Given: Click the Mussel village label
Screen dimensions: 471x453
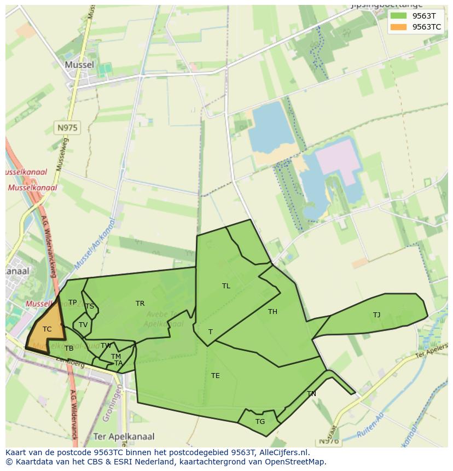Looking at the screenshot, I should point(79,65).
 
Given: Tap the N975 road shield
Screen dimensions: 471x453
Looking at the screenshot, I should point(67,128).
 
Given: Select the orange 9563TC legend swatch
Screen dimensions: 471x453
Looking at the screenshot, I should point(398,27).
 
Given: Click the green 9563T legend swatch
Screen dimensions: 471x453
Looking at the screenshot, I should point(398,16).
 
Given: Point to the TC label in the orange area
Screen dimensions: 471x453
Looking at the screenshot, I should point(47,329).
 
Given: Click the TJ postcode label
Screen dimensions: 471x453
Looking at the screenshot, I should point(376,315).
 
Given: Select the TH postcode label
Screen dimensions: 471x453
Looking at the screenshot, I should point(272,312).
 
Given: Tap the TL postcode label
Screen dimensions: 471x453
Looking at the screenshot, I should point(226,286).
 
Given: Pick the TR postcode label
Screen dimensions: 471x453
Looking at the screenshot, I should point(140,304).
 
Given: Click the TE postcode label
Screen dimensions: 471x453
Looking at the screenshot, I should point(216,376).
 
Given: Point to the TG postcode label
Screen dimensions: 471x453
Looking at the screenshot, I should point(260,422).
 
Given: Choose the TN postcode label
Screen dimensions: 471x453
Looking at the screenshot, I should point(311,394).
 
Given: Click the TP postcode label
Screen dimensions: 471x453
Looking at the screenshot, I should point(72,303).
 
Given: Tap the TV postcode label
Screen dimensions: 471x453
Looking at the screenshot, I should point(83,325).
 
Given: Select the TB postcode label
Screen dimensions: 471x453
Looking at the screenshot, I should point(69,348).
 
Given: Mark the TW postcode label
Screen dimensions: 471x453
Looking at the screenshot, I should point(106,346).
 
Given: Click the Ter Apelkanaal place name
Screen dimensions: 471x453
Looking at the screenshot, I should point(124,437).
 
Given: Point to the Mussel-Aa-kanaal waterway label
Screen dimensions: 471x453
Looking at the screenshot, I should point(96,244).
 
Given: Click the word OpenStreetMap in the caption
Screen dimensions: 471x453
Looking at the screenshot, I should point(295,462).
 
